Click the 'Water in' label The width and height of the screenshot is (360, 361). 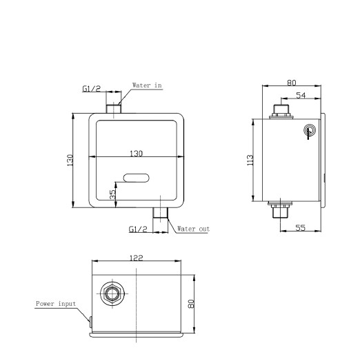pyautogui.click(x=147, y=85)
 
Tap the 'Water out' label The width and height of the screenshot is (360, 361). pyautogui.click(x=193, y=229)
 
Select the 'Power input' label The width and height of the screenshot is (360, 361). pyautogui.click(x=56, y=304)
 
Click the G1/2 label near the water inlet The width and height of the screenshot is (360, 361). pyautogui.click(x=92, y=89)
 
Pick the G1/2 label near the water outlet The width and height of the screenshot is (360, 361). pyautogui.click(x=138, y=229)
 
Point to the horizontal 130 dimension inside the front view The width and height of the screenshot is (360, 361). pyautogui.click(x=137, y=154)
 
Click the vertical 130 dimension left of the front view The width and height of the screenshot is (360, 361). pyautogui.click(x=70, y=160)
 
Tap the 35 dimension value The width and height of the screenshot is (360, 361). pyautogui.click(x=112, y=194)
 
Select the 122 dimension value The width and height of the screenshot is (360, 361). pyautogui.click(x=137, y=258)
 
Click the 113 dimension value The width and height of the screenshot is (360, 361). pyautogui.click(x=250, y=160)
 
